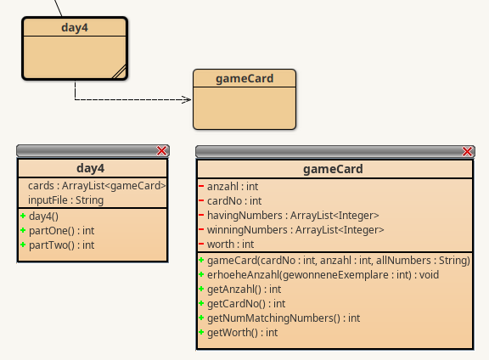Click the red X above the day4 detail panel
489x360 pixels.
[x=161, y=151]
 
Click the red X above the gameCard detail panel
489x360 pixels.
[x=467, y=152]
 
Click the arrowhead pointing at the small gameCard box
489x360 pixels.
[x=187, y=100]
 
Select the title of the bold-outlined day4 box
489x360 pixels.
[x=75, y=27]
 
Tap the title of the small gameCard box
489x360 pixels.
[x=244, y=79]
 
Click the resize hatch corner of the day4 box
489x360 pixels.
[x=119, y=71]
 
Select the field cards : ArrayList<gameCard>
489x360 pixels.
[x=97, y=186]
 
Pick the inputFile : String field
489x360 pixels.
[x=66, y=200]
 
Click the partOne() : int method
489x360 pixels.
[x=61, y=231]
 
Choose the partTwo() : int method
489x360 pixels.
[x=61, y=245]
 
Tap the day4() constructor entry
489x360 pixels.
[x=43, y=217]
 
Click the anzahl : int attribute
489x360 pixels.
[x=233, y=187]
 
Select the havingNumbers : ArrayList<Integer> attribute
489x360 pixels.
[x=293, y=216]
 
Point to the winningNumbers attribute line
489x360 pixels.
[x=295, y=230]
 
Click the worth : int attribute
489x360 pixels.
[x=230, y=245]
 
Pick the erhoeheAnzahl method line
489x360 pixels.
[x=323, y=275]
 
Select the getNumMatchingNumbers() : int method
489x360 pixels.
[x=284, y=318]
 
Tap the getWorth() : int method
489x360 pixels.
[x=243, y=333]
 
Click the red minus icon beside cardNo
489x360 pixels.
[x=201, y=200]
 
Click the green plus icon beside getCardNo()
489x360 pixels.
[x=201, y=303]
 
